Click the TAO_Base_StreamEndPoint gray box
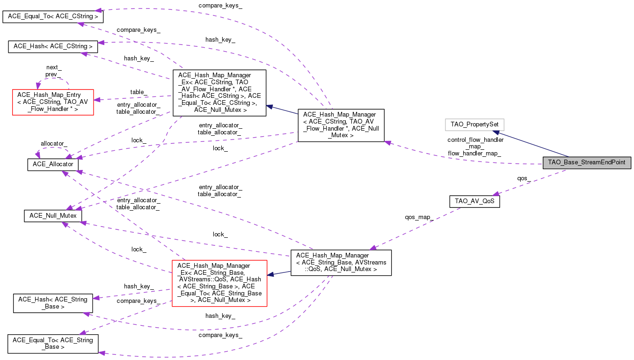coord(587,162)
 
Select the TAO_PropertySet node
coord(474,125)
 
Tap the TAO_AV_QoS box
coord(474,201)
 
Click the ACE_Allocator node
coord(53,165)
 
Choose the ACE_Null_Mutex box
coord(53,216)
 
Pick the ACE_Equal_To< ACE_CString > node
coord(53,16)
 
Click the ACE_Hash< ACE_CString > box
coord(53,46)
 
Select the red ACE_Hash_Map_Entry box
coord(53,102)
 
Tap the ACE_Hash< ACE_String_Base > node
coord(53,303)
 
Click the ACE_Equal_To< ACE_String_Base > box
coord(53,344)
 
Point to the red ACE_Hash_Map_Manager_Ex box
coord(219,283)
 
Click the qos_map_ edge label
coord(419,217)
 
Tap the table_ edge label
coord(138,92)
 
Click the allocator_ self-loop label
coord(54,144)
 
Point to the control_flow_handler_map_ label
coord(475,143)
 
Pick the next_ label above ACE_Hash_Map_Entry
coord(54,67)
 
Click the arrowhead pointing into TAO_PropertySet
coord(496,132)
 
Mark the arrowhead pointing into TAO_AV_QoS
coord(496,194)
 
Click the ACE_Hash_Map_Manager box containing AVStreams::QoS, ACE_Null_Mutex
coord(341,263)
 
